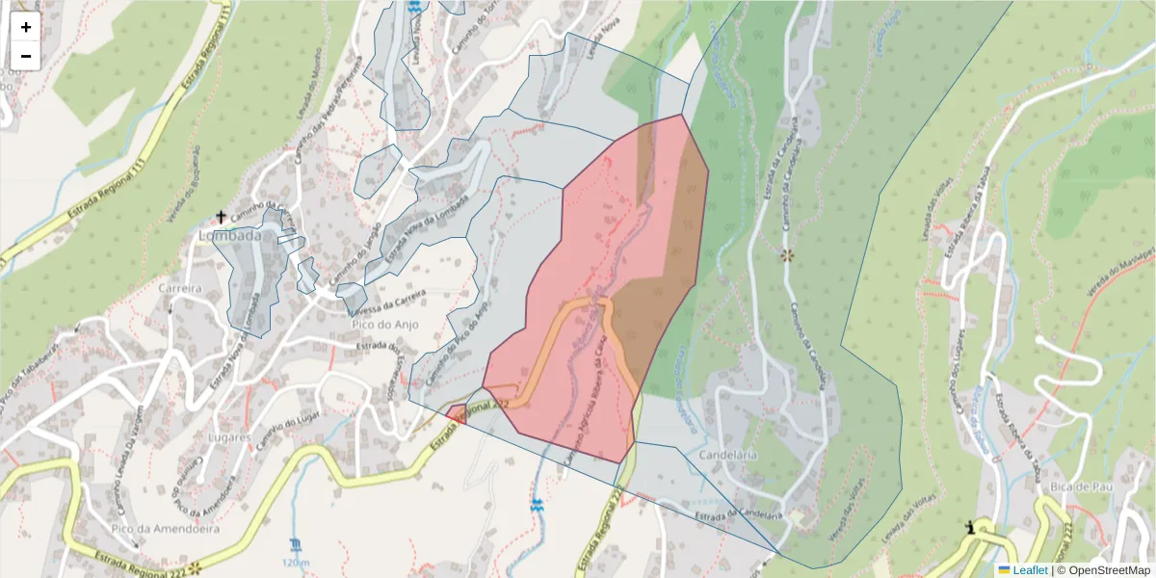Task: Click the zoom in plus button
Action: pyautogui.click(x=26, y=27)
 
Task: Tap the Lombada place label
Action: pyautogui.click(x=229, y=235)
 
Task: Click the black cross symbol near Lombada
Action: pyautogui.click(x=221, y=217)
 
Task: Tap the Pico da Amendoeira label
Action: pyautogui.click(x=165, y=529)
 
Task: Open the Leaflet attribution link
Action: pyautogui.click(x=1029, y=570)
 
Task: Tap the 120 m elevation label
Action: pyautogui.click(x=296, y=563)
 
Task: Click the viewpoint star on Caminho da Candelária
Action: pyautogui.click(x=787, y=255)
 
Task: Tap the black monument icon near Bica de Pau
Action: pyautogui.click(x=971, y=526)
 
